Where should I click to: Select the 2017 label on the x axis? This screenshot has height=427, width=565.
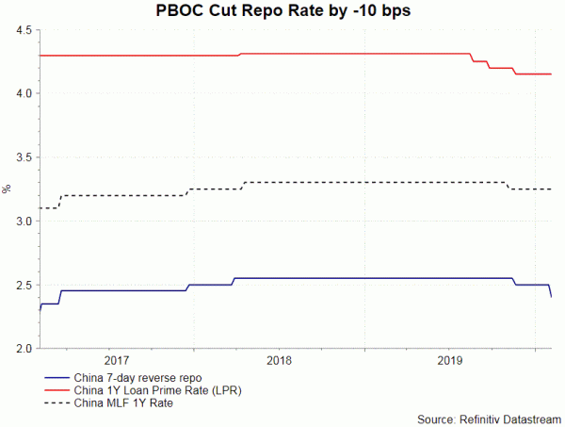(x=117, y=361)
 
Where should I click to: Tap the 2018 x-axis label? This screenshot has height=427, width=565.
(x=279, y=361)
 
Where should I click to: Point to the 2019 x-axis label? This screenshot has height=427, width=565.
(x=449, y=361)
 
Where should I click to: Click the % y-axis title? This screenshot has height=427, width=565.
(x=8, y=189)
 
